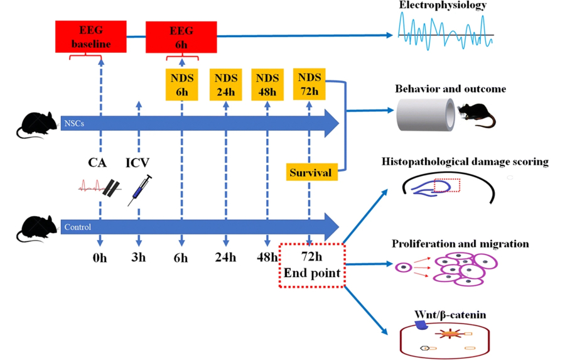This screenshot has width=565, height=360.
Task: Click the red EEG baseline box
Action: tap(91, 37)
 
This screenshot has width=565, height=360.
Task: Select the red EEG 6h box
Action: tap(181, 37)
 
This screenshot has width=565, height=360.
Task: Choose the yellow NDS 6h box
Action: tap(181, 85)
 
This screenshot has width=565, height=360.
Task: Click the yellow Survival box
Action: tap(309, 172)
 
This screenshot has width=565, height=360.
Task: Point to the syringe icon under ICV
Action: tap(141, 190)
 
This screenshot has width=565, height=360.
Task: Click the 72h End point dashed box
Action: tap(311, 265)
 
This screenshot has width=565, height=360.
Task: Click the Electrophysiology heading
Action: tap(443, 6)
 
